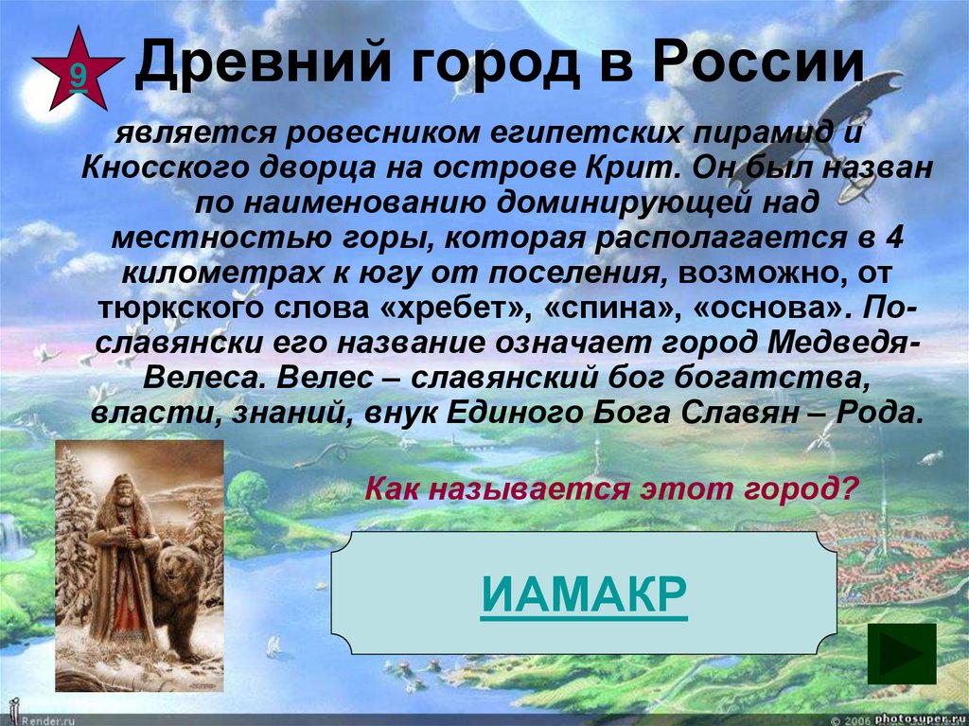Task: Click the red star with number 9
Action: (77, 69)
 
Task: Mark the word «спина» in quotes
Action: (601, 309)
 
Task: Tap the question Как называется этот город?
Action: (611, 489)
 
